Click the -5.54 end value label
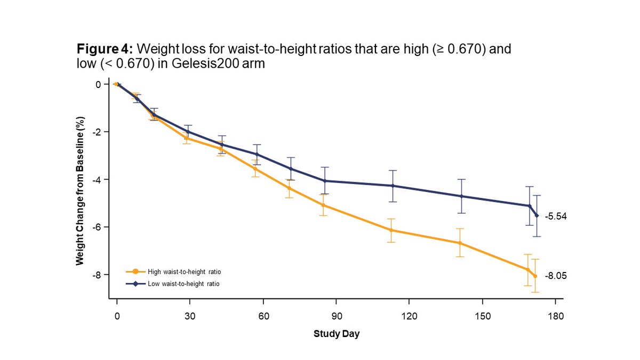tap(555, 217)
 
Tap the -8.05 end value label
tap(555, 276)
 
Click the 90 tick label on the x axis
tap(335, 316)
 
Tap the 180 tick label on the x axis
tap(555, 316)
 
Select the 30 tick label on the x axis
tap(189, 316)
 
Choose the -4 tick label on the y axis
tap(97, 180)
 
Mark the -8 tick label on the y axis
tap(97, 275)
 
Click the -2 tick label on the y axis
tap(97, 132)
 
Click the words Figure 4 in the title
tap(105, 50)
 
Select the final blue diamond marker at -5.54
tap(537, 215)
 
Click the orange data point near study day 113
tap(391, 230)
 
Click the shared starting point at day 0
tap(116, 84)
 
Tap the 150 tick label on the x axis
tap(482, 316)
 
